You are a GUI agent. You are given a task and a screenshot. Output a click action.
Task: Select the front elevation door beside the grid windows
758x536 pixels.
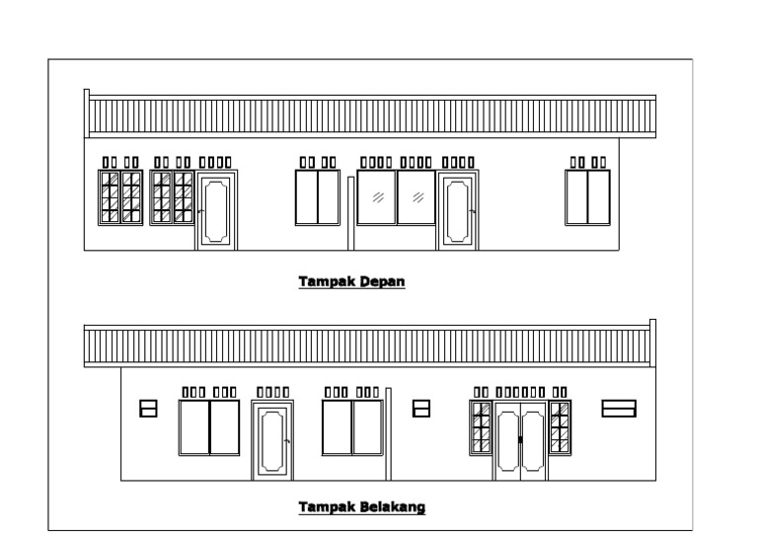pos(216,209)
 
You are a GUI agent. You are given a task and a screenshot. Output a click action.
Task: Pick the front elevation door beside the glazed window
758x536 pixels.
pos(456,209)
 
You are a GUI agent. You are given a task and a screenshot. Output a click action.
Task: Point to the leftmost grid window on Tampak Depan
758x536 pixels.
pos(120,197)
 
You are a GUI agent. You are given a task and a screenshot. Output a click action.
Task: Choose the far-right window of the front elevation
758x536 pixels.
pos(587,197)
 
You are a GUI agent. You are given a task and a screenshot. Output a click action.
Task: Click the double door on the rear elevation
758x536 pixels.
pos(520,439)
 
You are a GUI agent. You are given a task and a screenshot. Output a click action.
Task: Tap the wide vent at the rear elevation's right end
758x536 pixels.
pos(619,408)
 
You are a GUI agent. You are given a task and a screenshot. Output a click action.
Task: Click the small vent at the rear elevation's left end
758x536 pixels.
pos(149,408)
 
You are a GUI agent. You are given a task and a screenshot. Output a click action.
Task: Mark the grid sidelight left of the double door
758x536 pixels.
pos(482,428)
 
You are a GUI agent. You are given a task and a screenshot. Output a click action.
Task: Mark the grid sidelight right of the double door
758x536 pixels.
pos(560,428)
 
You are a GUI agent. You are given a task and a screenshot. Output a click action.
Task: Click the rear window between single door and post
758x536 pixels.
pos(352,427)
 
